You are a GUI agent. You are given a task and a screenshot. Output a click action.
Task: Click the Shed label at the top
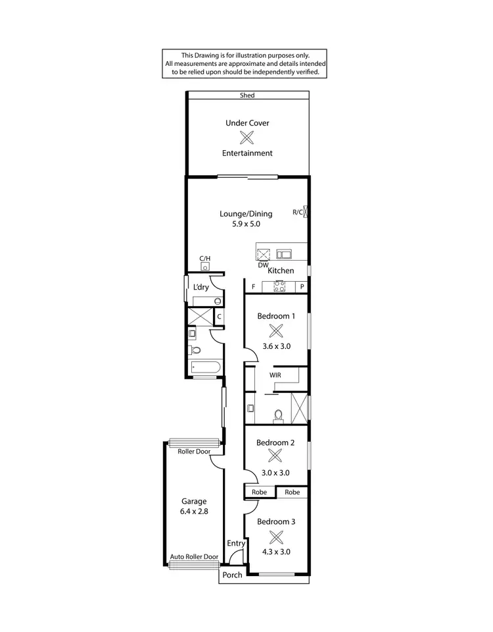point(246,95)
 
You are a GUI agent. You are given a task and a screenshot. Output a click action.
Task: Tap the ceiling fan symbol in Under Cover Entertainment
point(247,138)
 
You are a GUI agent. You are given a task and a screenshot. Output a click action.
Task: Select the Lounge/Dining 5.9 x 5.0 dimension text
point(246,224)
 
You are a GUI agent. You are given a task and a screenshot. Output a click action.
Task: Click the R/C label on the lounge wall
point(297,212)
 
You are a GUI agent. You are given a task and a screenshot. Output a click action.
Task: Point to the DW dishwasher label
point(263,265)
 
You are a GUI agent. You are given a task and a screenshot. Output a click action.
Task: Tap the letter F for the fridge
point(253,287)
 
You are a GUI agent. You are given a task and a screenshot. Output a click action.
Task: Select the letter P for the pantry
point(302,287)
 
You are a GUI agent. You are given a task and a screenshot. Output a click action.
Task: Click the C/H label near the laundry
point(205,259)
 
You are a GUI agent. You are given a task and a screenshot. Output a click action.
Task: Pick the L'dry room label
point(201,288)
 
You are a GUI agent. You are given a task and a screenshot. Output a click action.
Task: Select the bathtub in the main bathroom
point(203,367)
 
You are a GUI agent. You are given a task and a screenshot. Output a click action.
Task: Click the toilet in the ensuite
point(277,415)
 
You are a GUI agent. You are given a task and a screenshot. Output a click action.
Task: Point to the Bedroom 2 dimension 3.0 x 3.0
point(276,472)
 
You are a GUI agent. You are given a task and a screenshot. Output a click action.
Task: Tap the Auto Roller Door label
point(194,556)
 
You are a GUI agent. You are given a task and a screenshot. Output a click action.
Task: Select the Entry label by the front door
point(236,543)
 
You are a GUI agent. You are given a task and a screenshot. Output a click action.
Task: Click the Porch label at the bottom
point(232,575)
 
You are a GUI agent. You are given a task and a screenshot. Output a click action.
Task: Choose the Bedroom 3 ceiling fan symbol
point(276,536)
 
